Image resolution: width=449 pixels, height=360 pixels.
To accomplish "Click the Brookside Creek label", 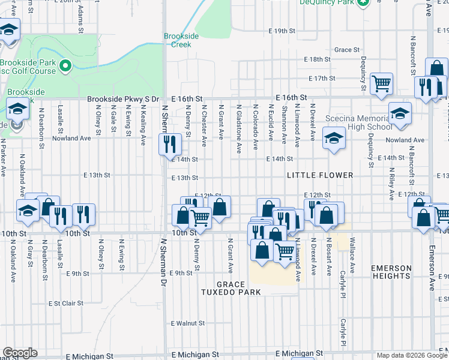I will pos(178,40).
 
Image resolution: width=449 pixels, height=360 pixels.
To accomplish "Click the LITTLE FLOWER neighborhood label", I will pos(319,175).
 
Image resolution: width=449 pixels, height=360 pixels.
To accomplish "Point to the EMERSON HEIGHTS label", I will pos(391,272).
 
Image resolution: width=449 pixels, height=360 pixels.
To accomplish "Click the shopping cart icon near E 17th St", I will pos(381,83).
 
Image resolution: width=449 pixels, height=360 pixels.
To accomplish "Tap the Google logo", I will pos(20,353).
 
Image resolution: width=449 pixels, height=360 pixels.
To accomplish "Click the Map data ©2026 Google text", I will pos(411,355).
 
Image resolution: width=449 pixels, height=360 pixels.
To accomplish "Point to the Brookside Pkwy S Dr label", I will pos(122,99).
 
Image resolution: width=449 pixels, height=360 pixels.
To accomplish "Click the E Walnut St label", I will pos(187,323).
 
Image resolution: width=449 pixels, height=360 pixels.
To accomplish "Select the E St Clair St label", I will pos(65,304).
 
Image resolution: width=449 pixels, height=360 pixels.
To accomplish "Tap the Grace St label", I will pos(347,50).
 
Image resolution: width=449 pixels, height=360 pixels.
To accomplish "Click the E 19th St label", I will pos(283,31).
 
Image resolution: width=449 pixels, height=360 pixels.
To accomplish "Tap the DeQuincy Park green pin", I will pos(362,2).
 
